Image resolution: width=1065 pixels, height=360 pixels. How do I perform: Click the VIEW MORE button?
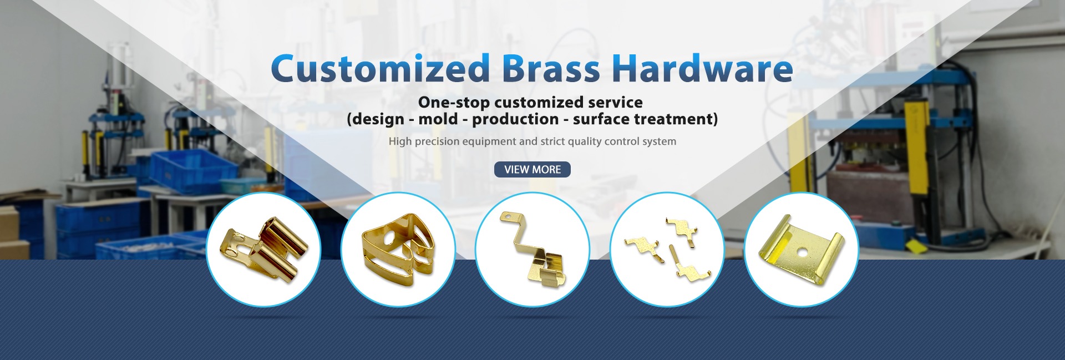(x=532, y=170)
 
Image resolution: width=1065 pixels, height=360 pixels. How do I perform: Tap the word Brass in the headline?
(x=551, y=68)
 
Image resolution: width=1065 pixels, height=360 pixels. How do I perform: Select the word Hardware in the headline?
(x=702, y=68)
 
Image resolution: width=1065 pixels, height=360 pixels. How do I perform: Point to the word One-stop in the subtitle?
(x=454, y=103)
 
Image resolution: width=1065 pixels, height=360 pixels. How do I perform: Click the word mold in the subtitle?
(x=438, y=119)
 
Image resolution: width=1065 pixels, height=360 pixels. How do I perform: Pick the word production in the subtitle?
(x=515, y=120)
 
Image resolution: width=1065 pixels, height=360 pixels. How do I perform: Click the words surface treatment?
(x=643, y=119)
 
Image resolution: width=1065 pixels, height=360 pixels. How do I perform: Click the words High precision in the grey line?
(x=424, y=141)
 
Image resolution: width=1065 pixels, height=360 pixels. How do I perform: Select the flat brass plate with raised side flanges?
(x=801, y=248)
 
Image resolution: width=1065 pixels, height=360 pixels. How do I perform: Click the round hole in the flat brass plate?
(x=801, y=252)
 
